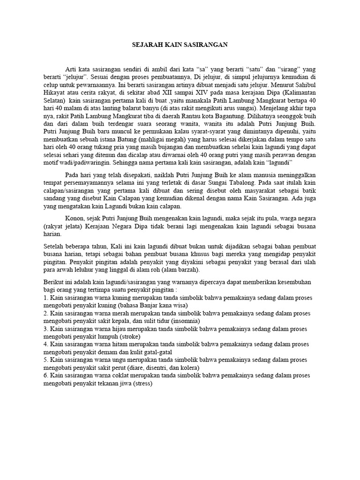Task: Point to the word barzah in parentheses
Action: pos(187,270)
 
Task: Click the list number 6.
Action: pos(45,375)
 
